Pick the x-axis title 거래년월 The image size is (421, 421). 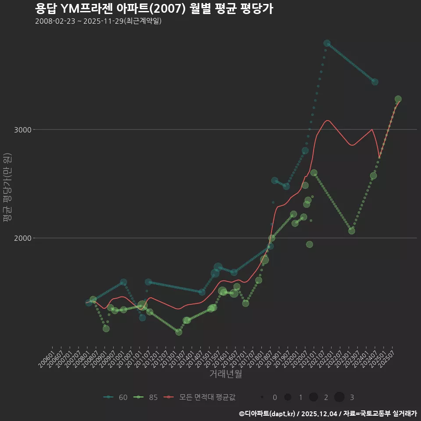[225, 374]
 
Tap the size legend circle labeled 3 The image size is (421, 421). [339, 397]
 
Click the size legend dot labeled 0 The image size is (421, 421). [262, 397]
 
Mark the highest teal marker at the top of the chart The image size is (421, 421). [327, 43]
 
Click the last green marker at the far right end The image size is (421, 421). [398, 99]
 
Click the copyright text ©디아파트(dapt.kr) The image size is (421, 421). [268, 414]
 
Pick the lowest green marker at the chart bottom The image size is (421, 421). [178, 332]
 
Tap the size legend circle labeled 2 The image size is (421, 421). [314, 397]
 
